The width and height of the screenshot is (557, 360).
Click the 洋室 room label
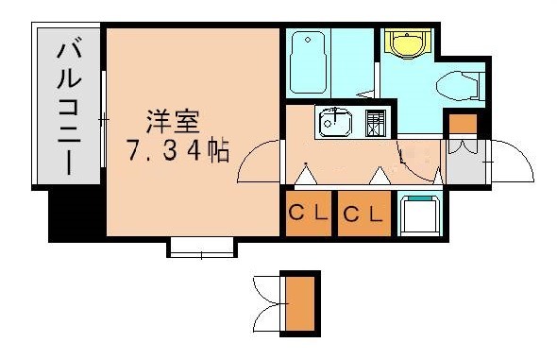(173, 122)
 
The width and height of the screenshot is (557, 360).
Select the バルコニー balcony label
(69, 109)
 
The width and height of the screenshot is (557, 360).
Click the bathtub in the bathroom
(308, 62)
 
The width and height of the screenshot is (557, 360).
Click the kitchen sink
(335, 124)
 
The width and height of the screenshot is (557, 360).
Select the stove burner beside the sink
(376, 124)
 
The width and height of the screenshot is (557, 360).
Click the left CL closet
(309, 214)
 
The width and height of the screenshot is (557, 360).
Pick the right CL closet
(364, 214)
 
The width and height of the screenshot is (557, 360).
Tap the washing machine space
(420, 214)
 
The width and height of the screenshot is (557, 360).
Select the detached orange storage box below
(300, 303)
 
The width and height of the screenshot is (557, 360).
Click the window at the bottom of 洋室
(201, 248)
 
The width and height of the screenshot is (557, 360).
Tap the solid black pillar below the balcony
(76, 215)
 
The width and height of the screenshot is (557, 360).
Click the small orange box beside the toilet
(463, 124)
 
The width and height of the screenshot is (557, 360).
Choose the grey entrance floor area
(465, 162)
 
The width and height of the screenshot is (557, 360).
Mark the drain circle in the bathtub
(308, 41)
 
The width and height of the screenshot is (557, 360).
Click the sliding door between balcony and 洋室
(103, 119)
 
